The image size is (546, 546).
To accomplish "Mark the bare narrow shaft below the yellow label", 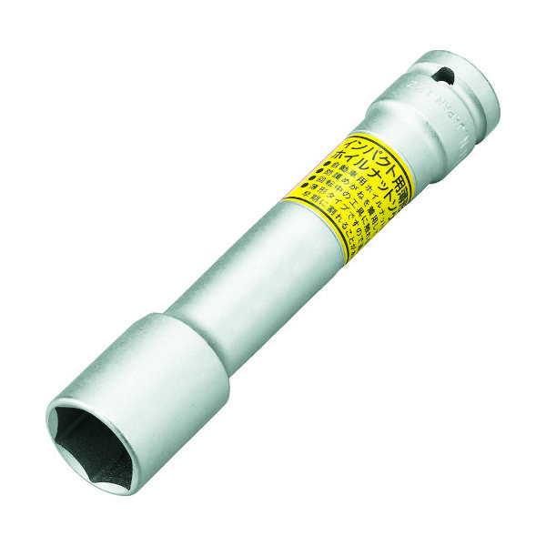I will [x=246, y=282].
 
